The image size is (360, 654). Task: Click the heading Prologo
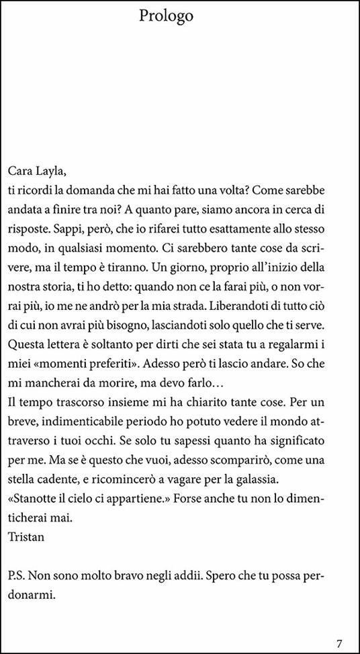[x=166, y=16]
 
